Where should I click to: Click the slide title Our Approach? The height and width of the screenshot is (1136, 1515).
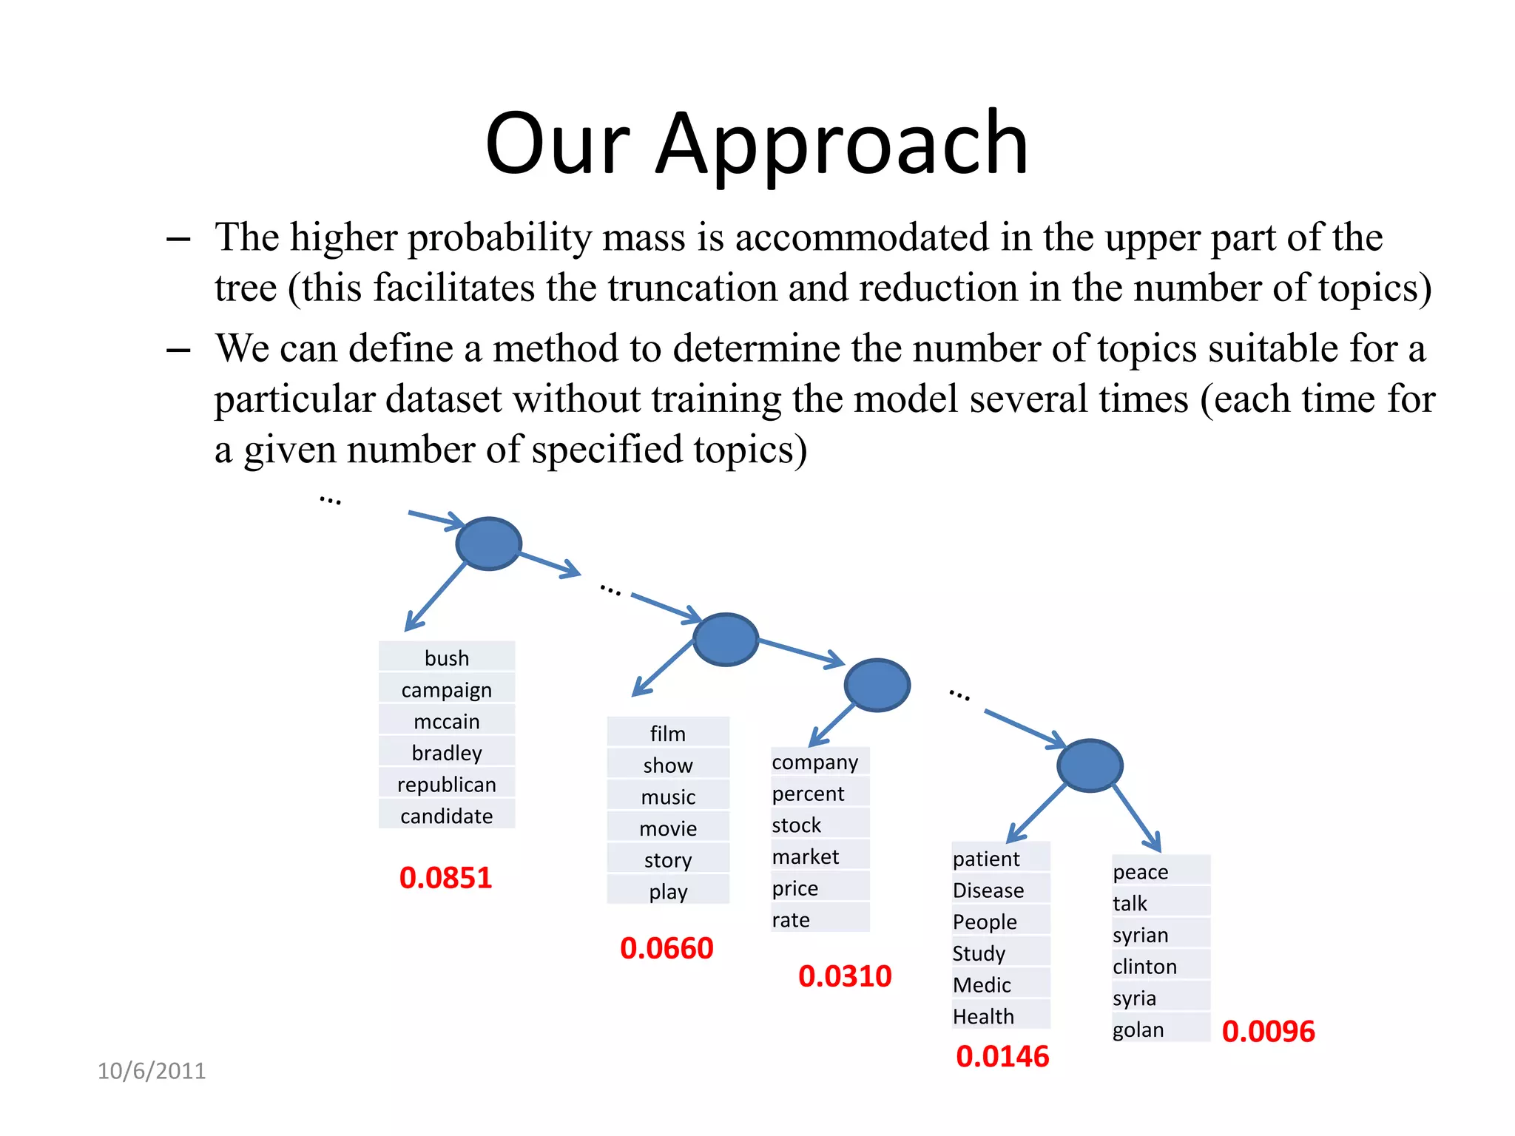click(x=756, y=144)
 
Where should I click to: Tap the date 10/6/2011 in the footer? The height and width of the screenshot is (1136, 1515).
click(x=152, y=1071)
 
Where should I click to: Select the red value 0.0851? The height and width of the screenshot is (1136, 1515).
click(x=445, y=878)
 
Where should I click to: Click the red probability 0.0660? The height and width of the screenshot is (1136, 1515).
click(x=667, y=948)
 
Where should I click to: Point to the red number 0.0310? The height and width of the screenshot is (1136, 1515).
click(x=845, y=976)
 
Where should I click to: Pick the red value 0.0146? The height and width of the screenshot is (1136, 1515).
click(x=1002, y=1056)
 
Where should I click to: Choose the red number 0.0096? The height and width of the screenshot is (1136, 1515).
click(x=1268, y=1032)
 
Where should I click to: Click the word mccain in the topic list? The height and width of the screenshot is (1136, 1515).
click(x=447, y=721)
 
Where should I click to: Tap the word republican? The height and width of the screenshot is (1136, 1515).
click(x=447, y=784)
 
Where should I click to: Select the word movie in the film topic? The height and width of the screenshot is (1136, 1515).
click(x=668, y=828)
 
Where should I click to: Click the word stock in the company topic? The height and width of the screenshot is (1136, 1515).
click(x=797, y=825)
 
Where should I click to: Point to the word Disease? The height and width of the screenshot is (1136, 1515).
click(x=988, y=890)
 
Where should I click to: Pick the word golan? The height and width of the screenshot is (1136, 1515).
click(x=1138, y=1029)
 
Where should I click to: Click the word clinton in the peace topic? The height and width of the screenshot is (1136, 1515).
click(x=1144, y=967)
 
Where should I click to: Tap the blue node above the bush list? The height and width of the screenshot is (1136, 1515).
click(x=488, y=544)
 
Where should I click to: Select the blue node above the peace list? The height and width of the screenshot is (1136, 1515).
click(x=1090, y=765)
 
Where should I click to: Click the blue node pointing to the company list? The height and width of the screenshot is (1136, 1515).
click(x=877, y=685)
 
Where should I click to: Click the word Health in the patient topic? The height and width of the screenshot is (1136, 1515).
click(x=983, y=1017)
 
